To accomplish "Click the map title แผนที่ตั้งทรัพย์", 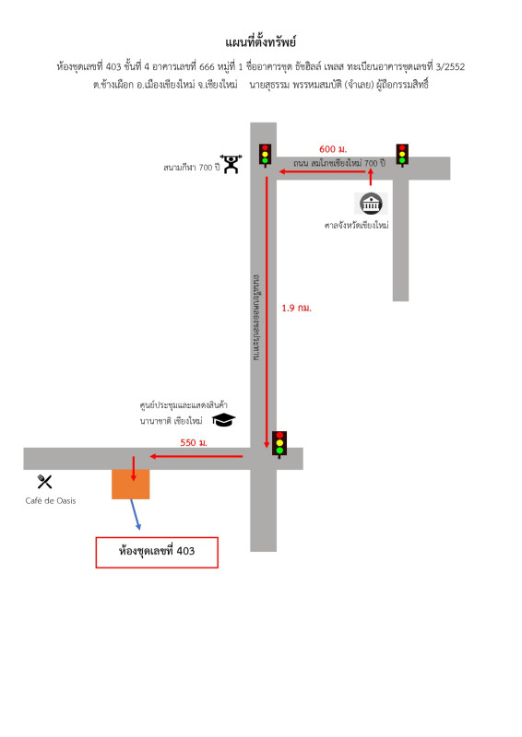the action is click(x=260, y=41).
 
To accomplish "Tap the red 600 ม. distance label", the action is click(x=333, y=149).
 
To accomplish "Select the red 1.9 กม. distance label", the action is click(x=297, y=308).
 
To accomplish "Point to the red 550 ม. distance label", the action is click(x=194, y=442).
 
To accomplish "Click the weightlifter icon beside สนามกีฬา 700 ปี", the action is click(x=231, y=164).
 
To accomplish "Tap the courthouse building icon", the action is click(x=372, y=204).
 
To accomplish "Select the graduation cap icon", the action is click(x=223, y=419).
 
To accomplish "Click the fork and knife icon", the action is click(x=44, y=481).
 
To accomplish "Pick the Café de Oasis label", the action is click(x=51, y=500).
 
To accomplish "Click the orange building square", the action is click(x=130, y=485).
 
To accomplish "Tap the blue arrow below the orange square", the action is click(x=135, y=515).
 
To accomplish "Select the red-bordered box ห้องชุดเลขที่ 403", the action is click(x=157, y=552).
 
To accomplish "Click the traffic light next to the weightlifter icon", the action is click(x=265, y=155).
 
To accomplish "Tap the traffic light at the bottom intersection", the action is click(x=279, y=444).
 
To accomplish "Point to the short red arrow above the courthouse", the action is click(x=371, y=177).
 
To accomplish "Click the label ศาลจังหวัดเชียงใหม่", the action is click(x=356, y=225).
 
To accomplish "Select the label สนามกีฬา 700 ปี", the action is click(x=191, y=168).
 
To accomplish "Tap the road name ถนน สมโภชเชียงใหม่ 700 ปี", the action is click(x=339, y=163).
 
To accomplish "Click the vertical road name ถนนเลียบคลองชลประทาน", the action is click(x=256, y=318).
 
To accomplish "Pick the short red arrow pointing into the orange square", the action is click(x=134, y=469).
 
